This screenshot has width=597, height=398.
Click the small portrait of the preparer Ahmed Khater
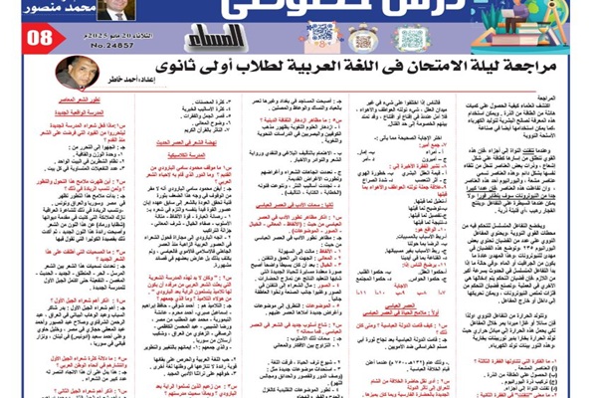pyautogui.click(x=79, y=71)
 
